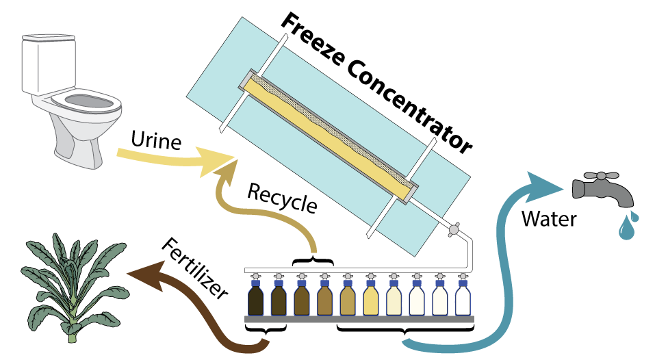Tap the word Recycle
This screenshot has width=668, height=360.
tap(282, 198)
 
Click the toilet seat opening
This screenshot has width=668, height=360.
tap(85, 101)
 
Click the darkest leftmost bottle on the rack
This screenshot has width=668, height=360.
tap(256, 300)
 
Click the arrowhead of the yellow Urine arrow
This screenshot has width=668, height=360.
tap(227, 159)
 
